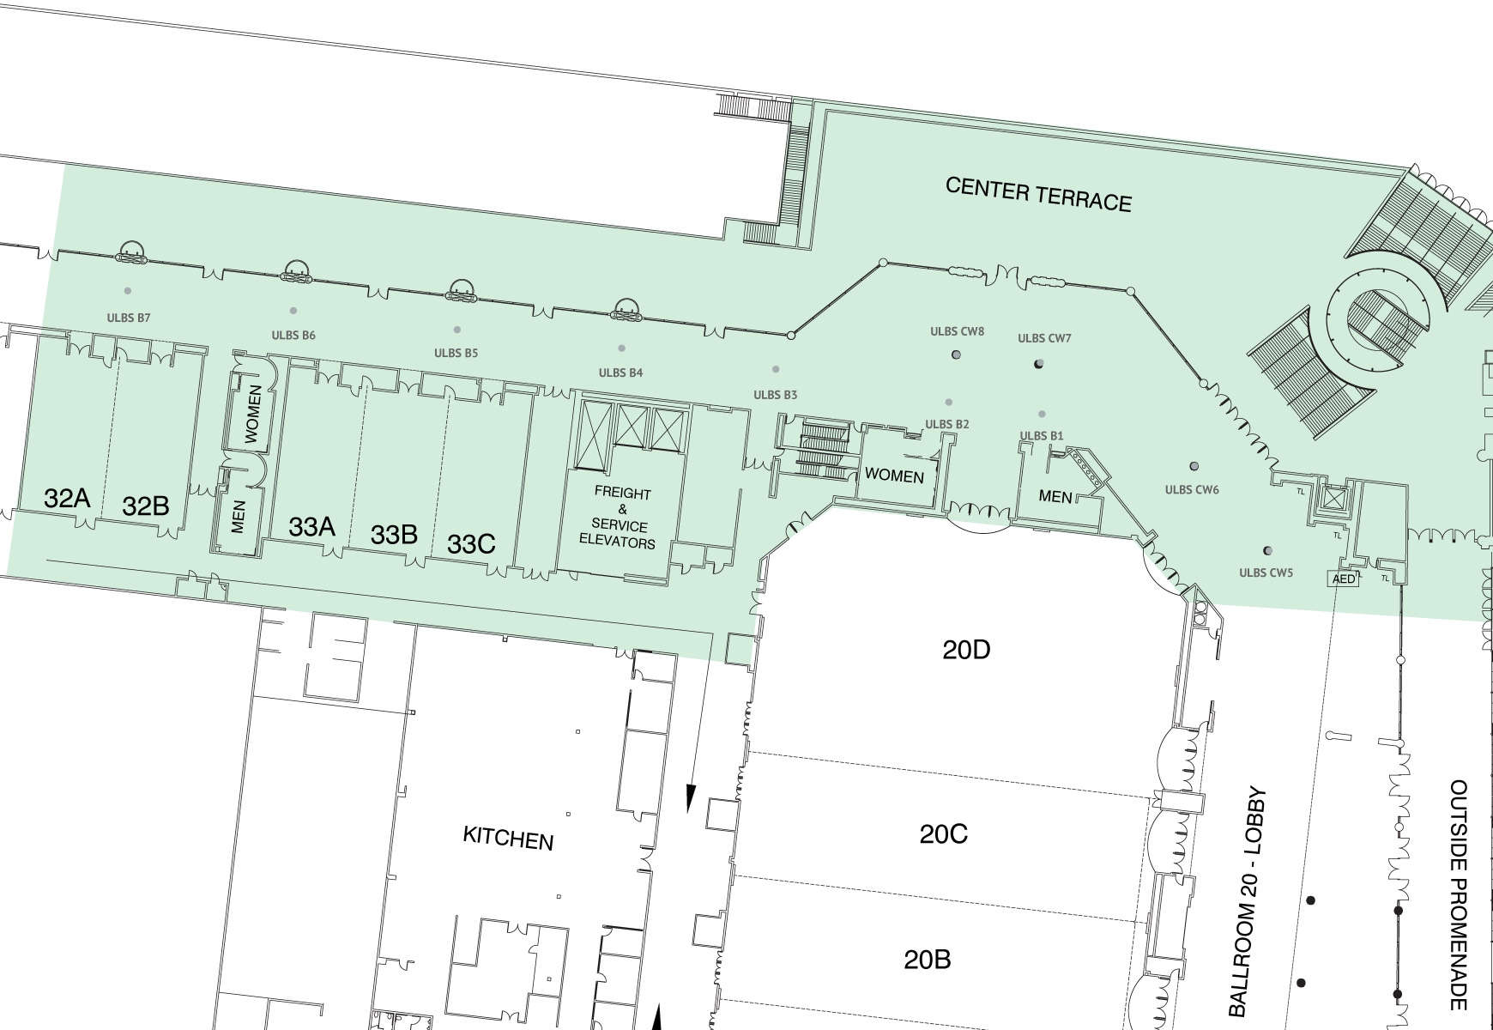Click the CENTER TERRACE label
[1038, 195]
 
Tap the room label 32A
[67, 498]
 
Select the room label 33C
[471, 544]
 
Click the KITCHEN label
[508, 838]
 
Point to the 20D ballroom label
[966, 650]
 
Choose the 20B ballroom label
[928, 959]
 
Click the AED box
[1344, 579]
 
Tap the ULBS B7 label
[129, 318]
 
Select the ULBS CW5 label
[1266, 573]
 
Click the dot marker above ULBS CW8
[956, 354]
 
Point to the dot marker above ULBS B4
[621, 348]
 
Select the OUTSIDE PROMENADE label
[1458, 894]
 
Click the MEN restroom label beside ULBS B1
[1055, 496]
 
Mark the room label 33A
[311, 527]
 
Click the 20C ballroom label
[944, 833]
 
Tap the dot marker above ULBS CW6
[1194, 467]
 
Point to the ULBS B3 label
[776, 395]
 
